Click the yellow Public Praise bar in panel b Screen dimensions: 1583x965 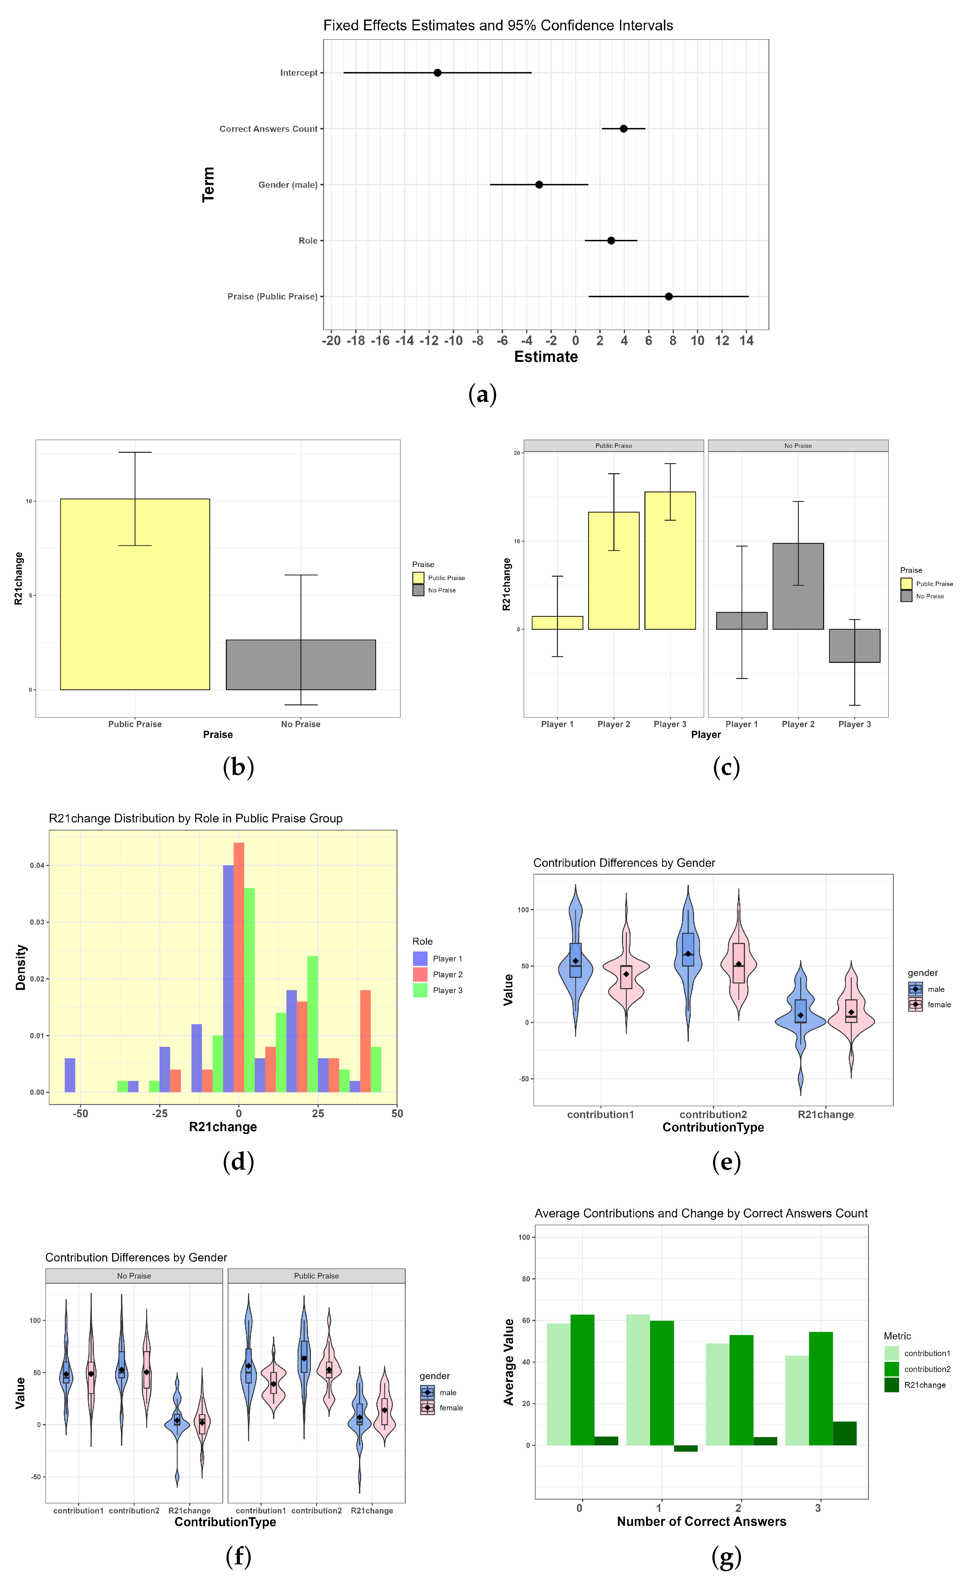[x=135, y=594]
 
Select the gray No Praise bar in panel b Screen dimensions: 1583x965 [x=301, y=665]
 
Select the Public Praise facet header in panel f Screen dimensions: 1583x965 [x=316, y=1275]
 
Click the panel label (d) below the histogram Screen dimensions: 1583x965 [x=238, y=1162]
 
